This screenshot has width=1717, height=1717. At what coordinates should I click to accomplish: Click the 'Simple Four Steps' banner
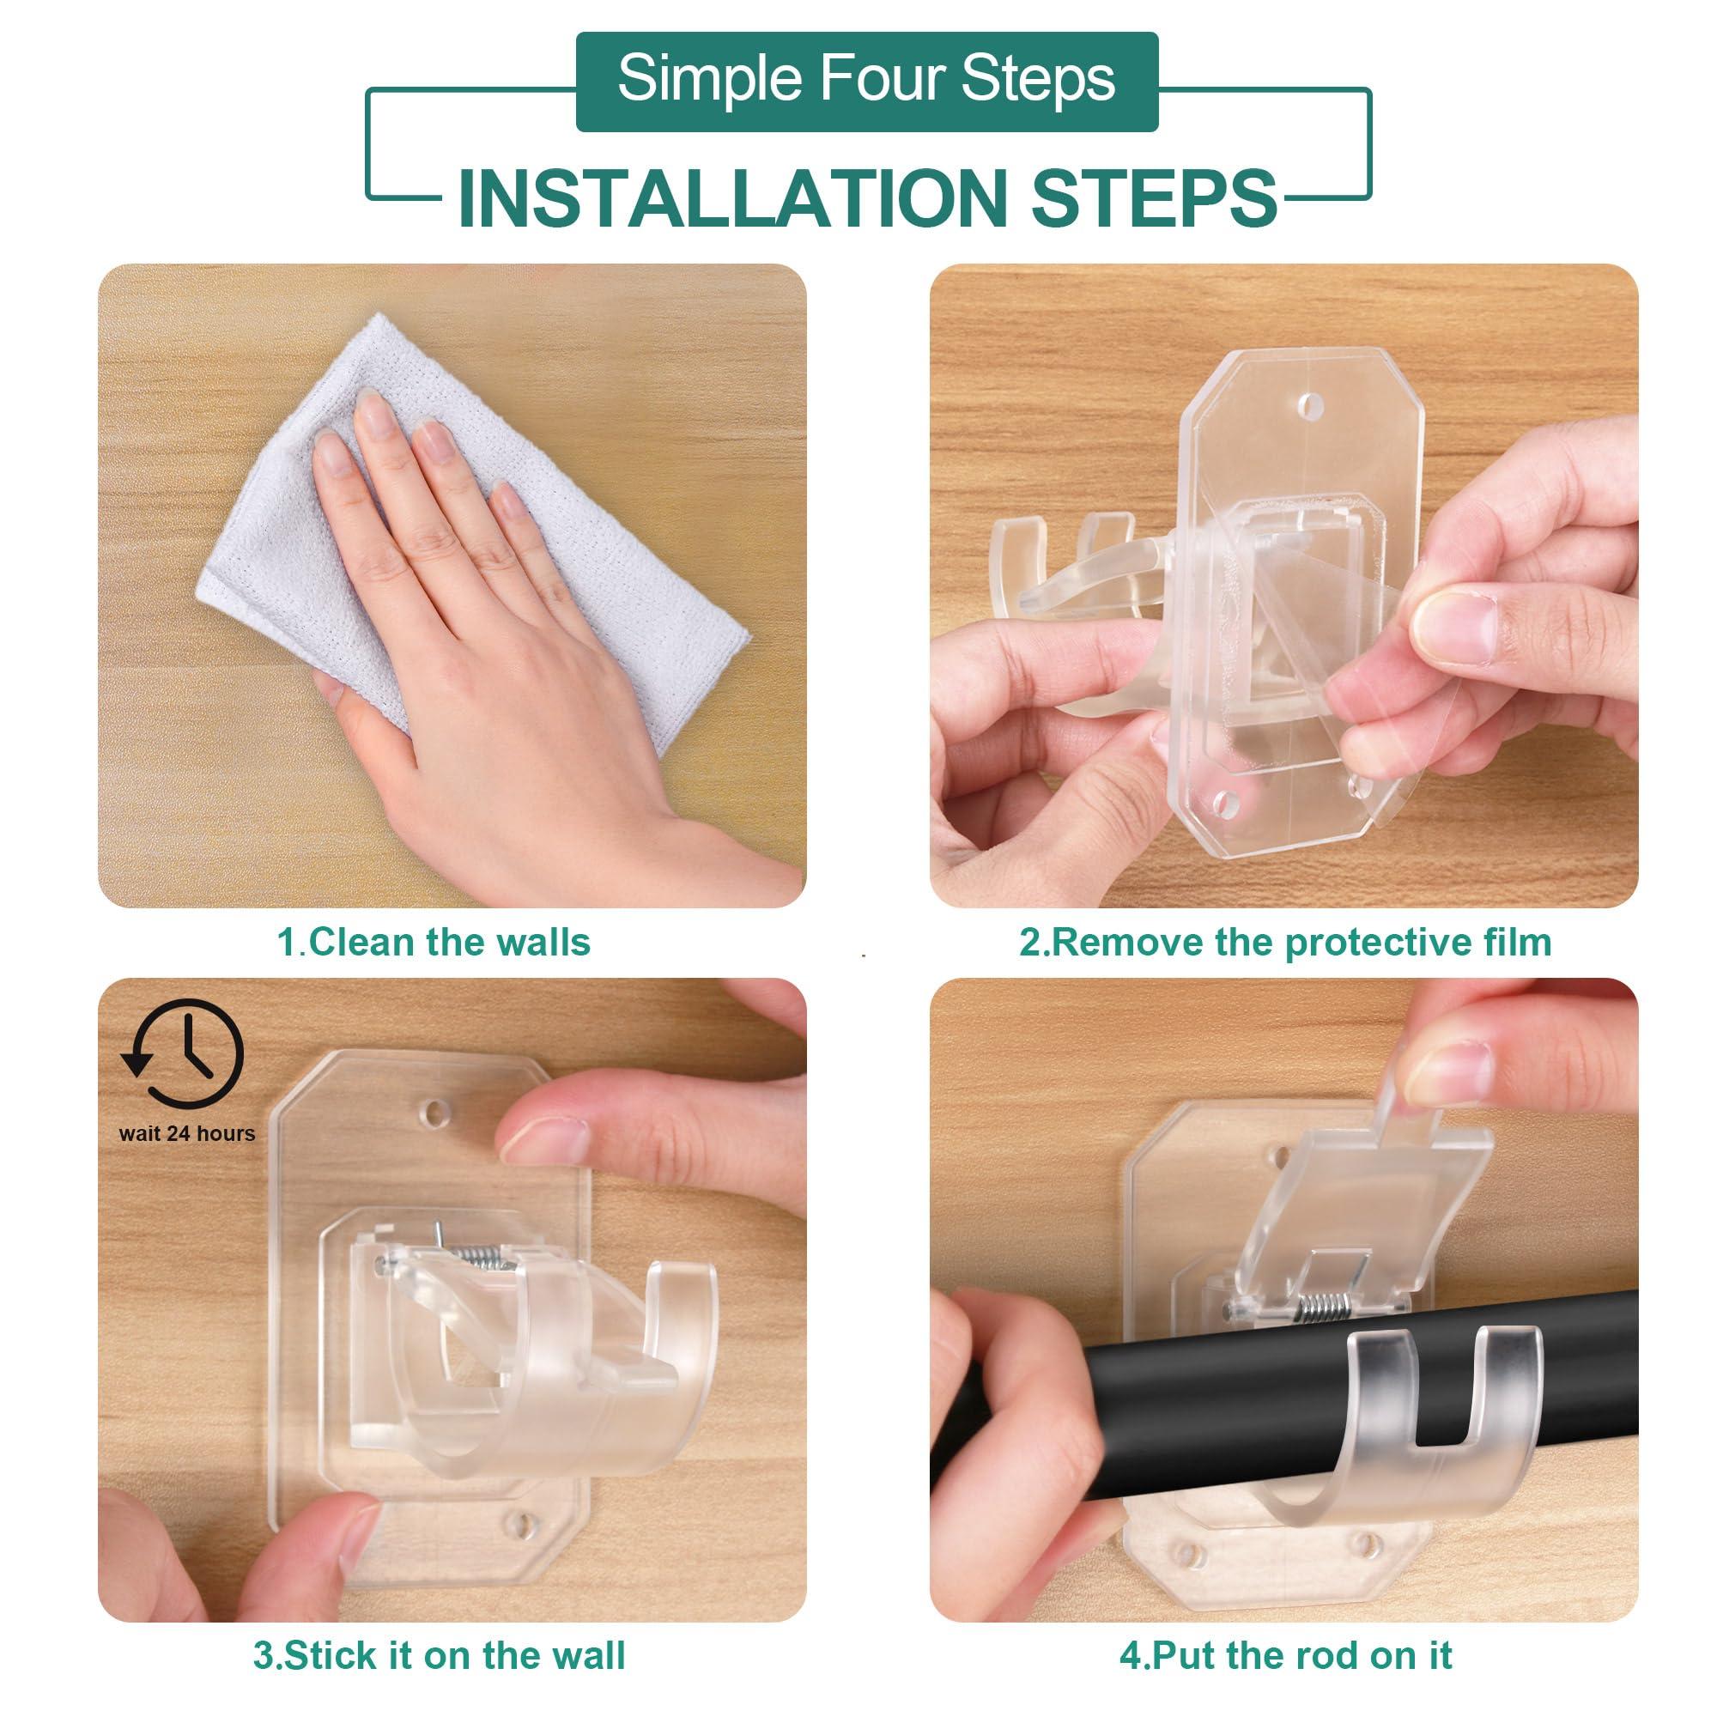click(866, 81)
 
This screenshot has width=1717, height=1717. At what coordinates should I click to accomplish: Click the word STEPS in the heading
click(1154, 197)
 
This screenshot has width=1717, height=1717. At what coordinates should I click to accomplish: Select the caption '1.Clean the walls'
click(434, 942)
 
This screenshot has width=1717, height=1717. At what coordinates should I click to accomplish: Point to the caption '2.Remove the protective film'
click(1285, 942)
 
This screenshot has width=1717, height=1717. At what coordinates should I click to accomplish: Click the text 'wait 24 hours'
click(186, 1134)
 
